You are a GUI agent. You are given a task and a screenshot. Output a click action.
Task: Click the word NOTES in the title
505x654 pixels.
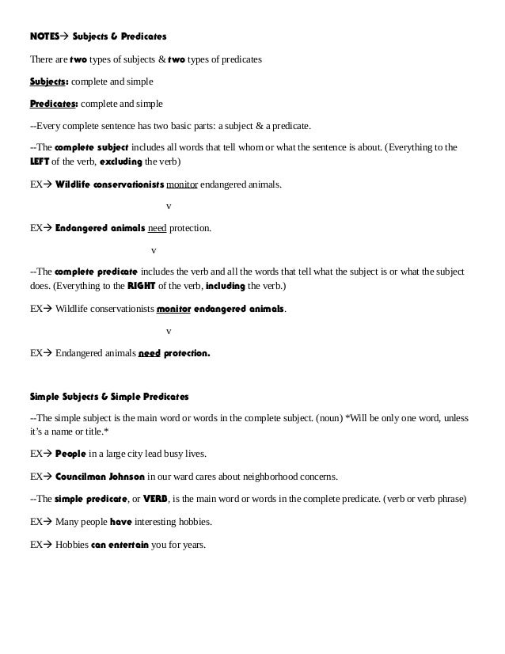click(45, 36)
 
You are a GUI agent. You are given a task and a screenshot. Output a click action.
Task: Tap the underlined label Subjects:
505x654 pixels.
click(49, 82)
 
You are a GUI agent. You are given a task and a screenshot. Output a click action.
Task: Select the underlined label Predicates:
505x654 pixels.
click(54, 103)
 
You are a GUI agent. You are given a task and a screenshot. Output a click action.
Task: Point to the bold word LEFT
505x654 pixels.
click(40, 162)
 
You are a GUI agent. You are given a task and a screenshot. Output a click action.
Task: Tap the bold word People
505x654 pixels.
click(70, 454)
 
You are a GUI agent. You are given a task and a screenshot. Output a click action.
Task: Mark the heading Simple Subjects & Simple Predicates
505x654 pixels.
click(108, 395)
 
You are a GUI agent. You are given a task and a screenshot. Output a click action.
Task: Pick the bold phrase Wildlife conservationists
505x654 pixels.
click(109, 184)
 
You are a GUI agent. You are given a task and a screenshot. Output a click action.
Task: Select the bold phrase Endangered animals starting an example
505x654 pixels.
click(100, 228)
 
